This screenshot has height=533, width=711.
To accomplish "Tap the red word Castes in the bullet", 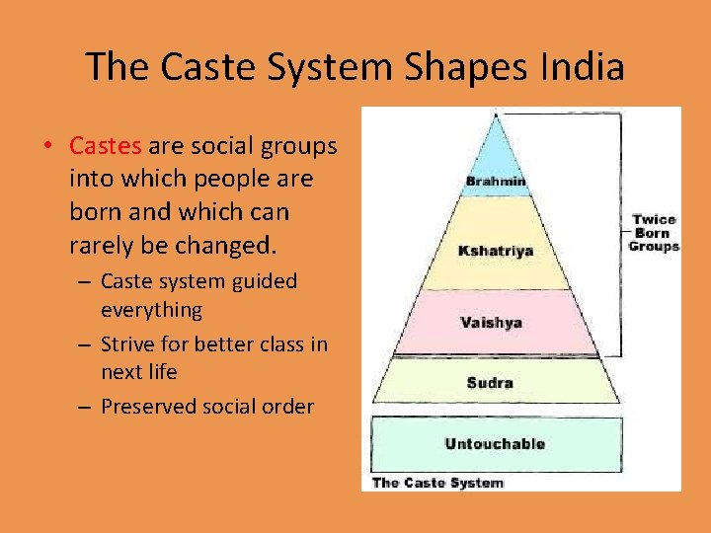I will coord(106,146).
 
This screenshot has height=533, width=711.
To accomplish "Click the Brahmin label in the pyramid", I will coord(496,183).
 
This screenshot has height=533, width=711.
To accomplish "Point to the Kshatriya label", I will coord(497,251).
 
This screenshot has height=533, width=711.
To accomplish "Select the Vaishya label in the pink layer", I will coord(491,323).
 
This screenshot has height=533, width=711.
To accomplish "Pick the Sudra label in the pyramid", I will coord(490,382).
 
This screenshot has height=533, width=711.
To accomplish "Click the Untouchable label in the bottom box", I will coord(495,444).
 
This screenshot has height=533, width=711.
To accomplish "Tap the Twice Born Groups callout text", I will coord(655,233).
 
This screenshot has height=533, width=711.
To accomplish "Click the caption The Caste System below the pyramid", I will coord(437,483).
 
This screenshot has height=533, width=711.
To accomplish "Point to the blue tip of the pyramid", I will coord(496,148).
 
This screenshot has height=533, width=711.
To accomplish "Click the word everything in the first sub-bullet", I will coord(151,310).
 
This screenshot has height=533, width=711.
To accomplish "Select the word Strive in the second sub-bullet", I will coord(128,343).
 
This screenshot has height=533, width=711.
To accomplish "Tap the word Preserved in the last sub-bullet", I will coord(148,406).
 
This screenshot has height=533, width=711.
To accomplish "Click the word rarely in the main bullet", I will coord(100,243).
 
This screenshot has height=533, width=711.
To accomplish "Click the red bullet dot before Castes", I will coord(46,147).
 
